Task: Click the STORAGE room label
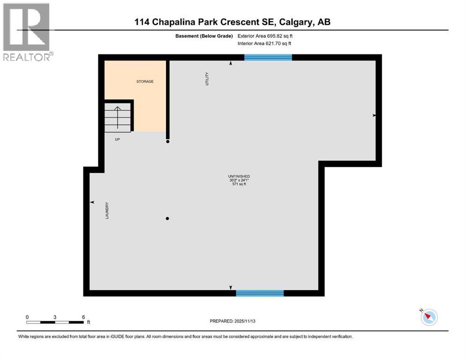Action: click(x=145, y=82)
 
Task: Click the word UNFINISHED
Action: click(x=236, y=176)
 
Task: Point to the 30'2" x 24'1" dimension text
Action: click(x=236, y=180)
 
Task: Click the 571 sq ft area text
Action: click(x=236, y=184)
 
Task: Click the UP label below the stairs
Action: click(x=118, y=139)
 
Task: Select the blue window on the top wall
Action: click(x=268, y=57)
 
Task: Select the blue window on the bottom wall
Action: click(x=260, y=293)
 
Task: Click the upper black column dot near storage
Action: click(x=168, y=141)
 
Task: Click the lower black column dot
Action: click(x=167, y=218)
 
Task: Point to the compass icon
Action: click(x=428, y=317)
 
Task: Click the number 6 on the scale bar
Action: click(x=83, y=317)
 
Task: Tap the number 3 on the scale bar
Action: click(x=55, y=317)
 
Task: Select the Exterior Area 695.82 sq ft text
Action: click(x=266, y=36)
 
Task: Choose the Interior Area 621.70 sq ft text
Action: click(x=266, y=44)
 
